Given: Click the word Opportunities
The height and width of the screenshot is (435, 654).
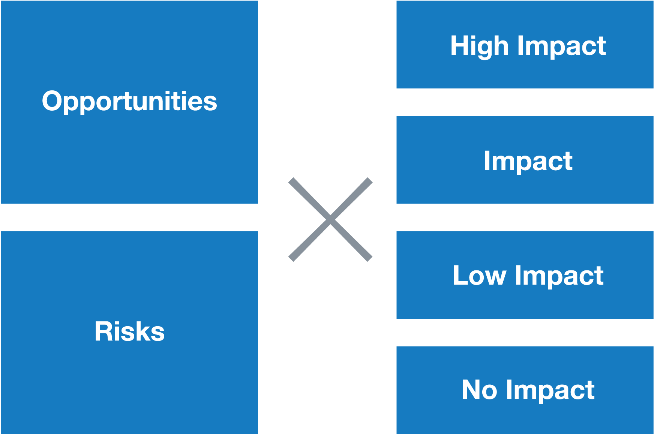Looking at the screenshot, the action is (129, 101).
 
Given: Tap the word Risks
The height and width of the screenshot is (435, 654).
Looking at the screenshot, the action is (129, 331).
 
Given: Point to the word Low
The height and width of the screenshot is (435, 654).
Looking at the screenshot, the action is (480, 276).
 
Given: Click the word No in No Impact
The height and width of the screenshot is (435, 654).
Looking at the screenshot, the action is (480, 390).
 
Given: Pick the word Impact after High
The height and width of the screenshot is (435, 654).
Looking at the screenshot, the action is (562, 47).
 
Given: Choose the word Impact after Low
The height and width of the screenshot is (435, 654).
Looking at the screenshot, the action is (559, 276).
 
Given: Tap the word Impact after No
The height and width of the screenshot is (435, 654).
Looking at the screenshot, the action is (550, 391).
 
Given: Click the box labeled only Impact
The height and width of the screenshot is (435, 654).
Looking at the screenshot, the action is (525, 160).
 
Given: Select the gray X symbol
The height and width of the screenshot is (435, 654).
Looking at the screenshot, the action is (330, 219).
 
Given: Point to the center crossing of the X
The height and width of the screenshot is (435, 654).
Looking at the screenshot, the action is (330, 219).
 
